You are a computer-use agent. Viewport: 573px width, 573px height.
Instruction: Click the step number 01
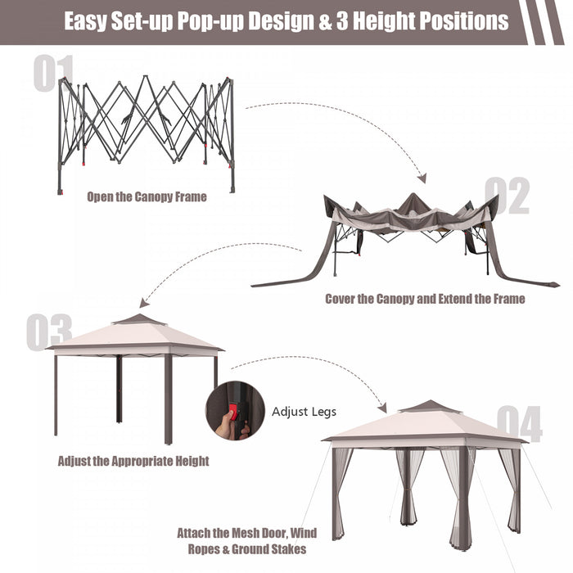(x=54, y=74)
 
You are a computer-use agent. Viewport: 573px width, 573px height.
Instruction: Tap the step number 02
(x=507, y=196)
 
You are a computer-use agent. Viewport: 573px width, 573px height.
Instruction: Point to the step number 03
(x=49, y=332)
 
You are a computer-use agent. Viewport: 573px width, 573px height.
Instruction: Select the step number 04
(x=519, y=425)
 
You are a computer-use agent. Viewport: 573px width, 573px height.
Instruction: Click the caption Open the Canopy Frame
(x=147, y=196)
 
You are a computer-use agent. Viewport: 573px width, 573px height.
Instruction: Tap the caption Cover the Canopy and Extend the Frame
(x=425, y=299)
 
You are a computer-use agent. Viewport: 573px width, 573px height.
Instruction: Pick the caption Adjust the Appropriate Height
(x=133, y=461)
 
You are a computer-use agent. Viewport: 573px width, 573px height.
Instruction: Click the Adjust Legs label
(x=304, y=412)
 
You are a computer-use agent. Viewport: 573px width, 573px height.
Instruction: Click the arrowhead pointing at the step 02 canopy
(x=422, y=178)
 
